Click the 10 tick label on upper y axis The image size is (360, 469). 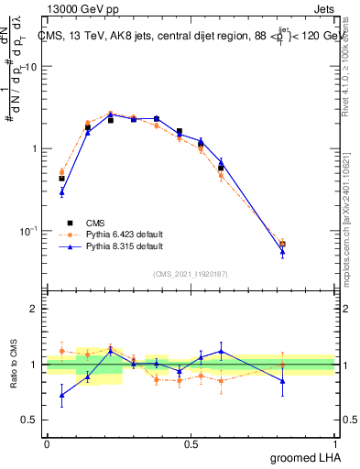tap(31, 67)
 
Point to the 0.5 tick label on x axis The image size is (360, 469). tap(191, 444)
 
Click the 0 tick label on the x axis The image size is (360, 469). tap(48, 444)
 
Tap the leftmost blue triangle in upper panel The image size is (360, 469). tap(61, 191)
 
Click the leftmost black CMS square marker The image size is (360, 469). tap(61, 179)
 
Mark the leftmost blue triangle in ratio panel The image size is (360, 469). tap(61, 396)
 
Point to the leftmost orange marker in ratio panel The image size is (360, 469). tap(61, 351)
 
